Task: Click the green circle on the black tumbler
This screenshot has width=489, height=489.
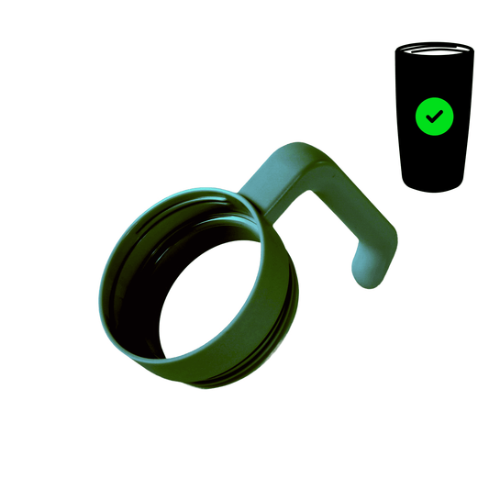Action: (x=435, y=116)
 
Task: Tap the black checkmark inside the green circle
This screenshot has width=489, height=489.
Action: (x=435, y=116)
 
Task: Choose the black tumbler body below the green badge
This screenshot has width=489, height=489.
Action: (x=435, y=161)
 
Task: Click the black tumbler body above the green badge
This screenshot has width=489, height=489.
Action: (x=435, y=78)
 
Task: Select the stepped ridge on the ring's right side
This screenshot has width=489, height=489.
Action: (x=292, y=294)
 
